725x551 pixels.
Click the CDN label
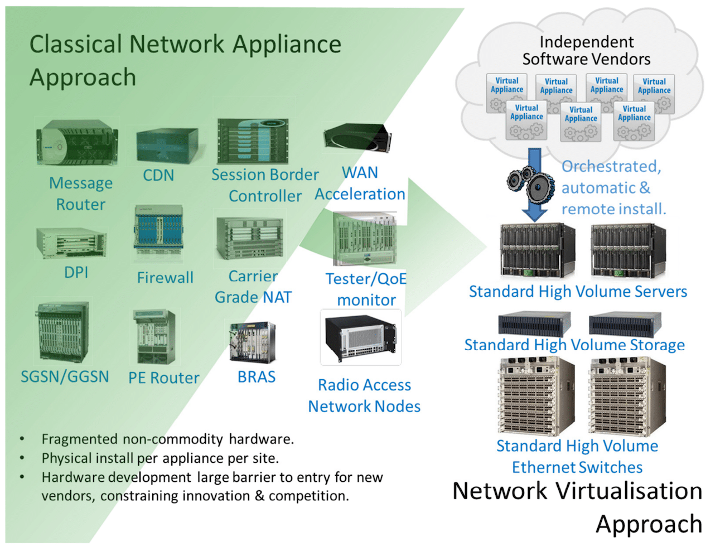pos(158,175)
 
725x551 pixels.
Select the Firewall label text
pos(165,278)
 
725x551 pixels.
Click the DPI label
pos(76,273)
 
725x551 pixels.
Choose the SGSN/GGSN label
pos(65,377)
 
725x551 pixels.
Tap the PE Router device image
pos(154,337)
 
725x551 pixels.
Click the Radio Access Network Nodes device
pos(361,338)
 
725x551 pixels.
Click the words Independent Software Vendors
pos(586,51)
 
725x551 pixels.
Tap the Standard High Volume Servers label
pos(578,292)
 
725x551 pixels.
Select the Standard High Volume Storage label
pos(574,345)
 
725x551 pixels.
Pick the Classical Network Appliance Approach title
pos(185,60)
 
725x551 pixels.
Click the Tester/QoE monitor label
pos(366,289)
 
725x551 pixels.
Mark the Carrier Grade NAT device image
pos(250,238)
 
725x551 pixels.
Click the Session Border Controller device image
pos(253,141)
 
